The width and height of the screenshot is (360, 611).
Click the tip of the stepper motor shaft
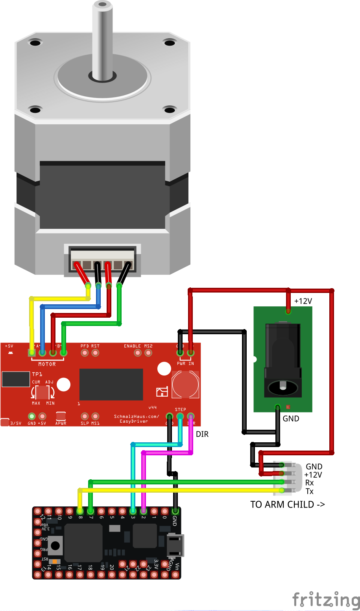click(102, 5)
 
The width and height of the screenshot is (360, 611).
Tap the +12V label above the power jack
click(303, 301)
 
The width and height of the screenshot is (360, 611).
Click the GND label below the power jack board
click(291, 419)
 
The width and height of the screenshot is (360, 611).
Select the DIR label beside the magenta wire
click(202, 434)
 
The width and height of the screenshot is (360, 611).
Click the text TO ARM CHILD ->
click(288, 504)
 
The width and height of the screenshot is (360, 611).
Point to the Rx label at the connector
click(310, 483)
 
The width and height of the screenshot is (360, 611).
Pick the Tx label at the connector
click(310, 491)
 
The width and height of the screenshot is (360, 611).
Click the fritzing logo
click(326, 600)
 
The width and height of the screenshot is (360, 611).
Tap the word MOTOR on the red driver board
click(47, 364)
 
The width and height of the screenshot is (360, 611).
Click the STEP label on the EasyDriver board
click(181, 410)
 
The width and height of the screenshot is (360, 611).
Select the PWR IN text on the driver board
click(185, 364)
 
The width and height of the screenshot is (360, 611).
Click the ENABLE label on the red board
click(132, 346)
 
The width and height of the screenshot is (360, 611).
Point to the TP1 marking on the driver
click(37, 374)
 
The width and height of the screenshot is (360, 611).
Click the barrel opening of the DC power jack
click(283, 387)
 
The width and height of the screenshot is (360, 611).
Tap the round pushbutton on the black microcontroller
click(55, 546)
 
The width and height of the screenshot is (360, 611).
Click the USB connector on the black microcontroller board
click(175, 545)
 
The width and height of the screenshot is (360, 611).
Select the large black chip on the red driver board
click(111, 385)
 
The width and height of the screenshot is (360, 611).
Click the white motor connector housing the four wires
click(102, 259)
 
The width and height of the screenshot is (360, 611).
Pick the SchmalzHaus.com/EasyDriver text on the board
click(136, 419)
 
